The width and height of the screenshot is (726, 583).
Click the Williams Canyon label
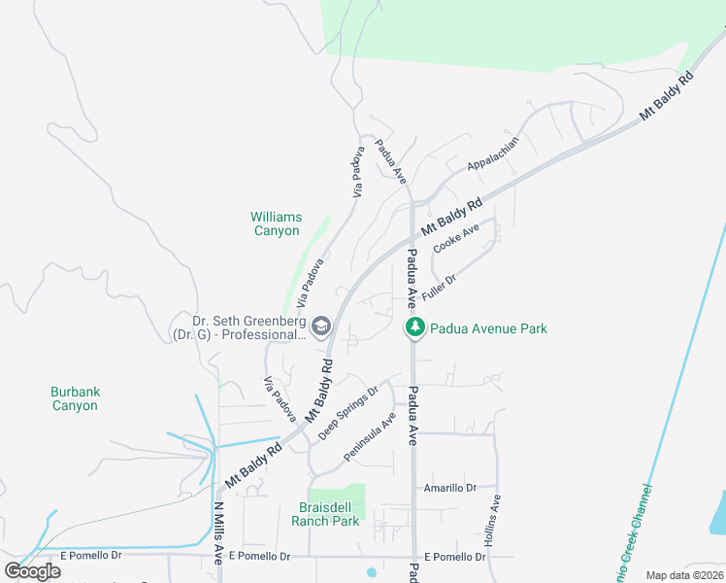[277, 223]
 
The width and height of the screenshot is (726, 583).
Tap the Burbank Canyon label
[76, 398]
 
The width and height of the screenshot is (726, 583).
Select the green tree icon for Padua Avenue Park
[415, 328]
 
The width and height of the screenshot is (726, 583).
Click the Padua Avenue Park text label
[488, 328]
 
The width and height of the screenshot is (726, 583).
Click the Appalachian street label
[493, 153]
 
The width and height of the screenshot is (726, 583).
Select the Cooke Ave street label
[456, 238]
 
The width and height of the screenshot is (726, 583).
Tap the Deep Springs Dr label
[347, 412]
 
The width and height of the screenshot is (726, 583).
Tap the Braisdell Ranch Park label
[325, 514]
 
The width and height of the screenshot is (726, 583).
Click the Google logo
[33, 571]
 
